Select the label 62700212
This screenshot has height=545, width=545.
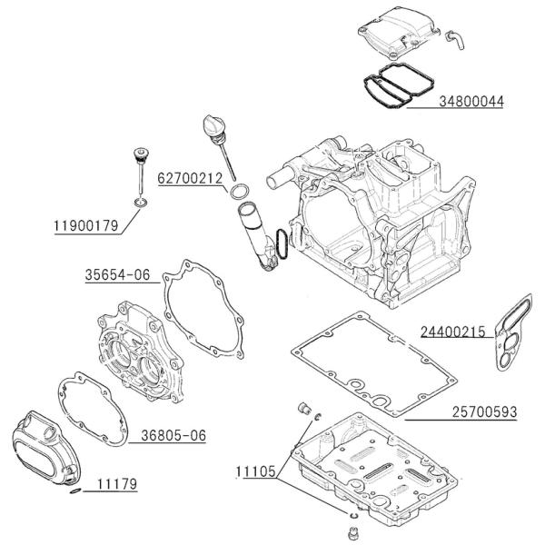pos(191,179)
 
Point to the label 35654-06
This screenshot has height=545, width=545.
pos(117,274)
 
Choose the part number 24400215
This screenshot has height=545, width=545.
pos(451,332)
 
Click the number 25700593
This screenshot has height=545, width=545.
pos(484,412)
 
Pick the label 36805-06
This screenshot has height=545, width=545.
pos(173,436)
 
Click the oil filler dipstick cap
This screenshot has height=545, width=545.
pos(215,126)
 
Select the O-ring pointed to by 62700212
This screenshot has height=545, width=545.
pos(238,192)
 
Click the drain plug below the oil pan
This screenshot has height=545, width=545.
pos(351,528)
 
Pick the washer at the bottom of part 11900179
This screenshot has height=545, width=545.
pos(141,203)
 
